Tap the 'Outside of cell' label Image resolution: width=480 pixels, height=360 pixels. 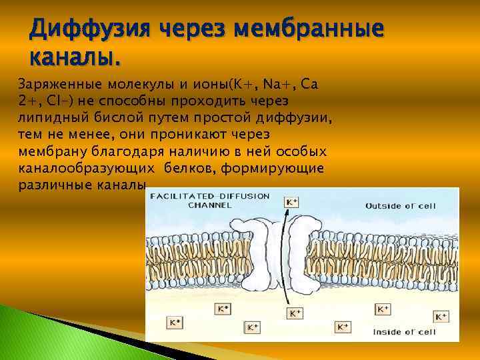(401, 205)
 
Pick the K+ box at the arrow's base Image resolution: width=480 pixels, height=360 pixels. (294, 312)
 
